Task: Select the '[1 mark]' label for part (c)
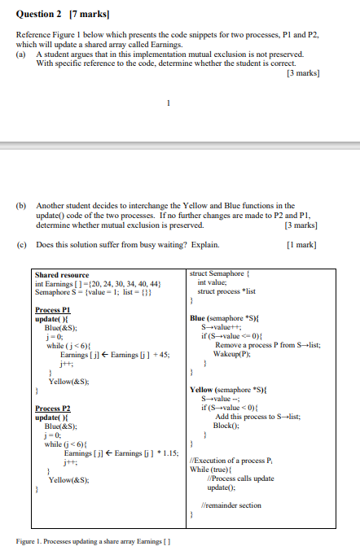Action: point(303,244)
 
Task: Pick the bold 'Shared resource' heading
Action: point(63,275)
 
